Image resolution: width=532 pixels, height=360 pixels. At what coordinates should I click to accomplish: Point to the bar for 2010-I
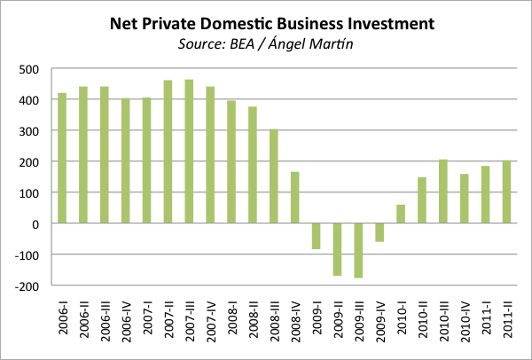pyautogui.click(x=400, y=214)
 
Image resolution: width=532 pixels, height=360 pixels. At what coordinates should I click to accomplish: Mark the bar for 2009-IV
pyautogui.click(x=379, y=232)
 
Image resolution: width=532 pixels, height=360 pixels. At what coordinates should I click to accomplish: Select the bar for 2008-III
pyautogui.click(x=273, y=176)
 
